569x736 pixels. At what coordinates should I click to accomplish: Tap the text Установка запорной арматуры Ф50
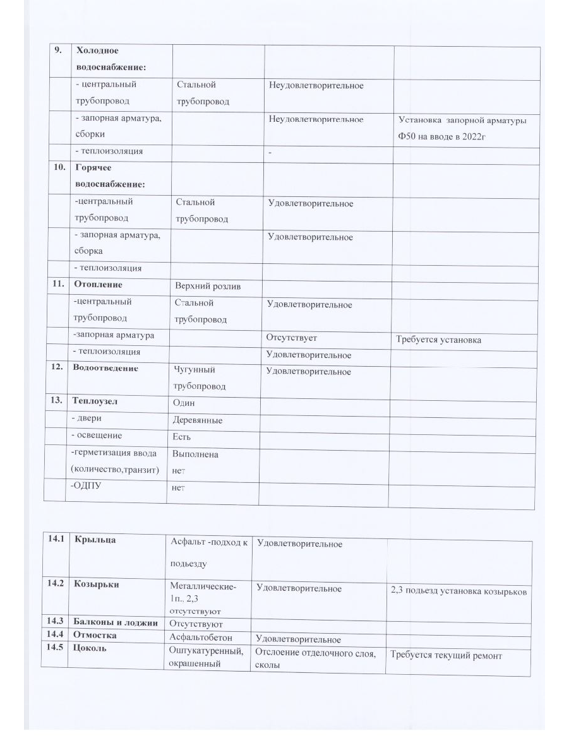463,127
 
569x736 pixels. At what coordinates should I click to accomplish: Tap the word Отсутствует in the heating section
291,338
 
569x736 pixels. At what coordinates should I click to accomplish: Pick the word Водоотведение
105,368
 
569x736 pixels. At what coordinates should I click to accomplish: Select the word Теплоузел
95,401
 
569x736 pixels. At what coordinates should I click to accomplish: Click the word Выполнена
195,454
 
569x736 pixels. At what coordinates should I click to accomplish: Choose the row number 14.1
56,540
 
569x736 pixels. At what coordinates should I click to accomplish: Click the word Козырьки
97,585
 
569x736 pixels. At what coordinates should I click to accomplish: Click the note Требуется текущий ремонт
446,656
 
